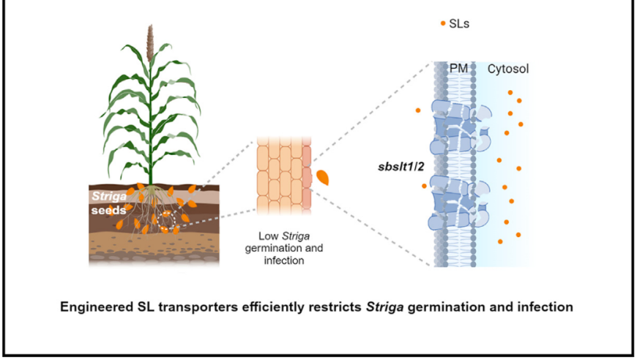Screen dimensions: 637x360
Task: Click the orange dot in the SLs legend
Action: tap(443, 23)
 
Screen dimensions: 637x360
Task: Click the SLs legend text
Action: tap(459, 24)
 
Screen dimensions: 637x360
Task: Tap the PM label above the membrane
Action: tap(458, 69)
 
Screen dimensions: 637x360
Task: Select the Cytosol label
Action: tap(508, 69)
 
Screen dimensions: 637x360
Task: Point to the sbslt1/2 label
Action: tap(401, 166)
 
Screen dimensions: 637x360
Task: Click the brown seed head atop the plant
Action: tap(150, 42)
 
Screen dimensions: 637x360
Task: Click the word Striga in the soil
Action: tap(109, 196)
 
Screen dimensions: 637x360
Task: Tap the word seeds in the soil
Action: tap(108, 211)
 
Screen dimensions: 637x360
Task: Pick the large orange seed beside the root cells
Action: tap(323, 177)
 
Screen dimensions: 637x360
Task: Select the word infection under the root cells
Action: tap(284, 260)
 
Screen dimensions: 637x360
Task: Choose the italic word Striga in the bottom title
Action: tap(384, 307)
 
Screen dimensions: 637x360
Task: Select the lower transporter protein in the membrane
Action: tap(459, 203)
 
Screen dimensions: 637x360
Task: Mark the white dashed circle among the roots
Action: tap(166, 221)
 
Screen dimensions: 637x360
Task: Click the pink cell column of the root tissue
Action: tap(307, 175)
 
